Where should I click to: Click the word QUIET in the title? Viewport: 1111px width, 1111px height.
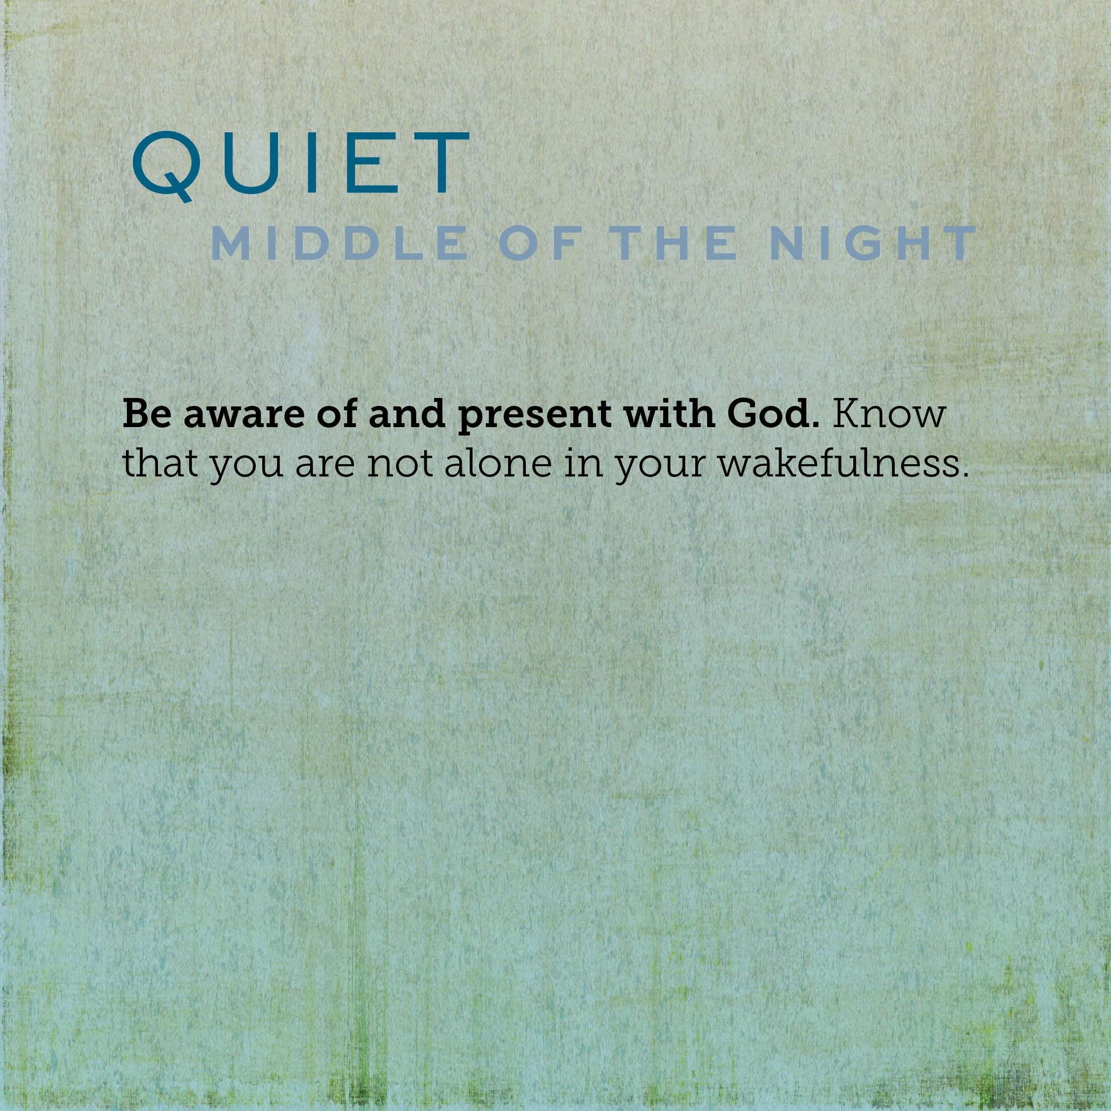(x=301, y=164)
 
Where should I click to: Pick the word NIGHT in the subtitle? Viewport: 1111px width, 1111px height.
(x=873, y=243)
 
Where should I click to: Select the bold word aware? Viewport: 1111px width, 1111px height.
(x=243, y=415)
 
